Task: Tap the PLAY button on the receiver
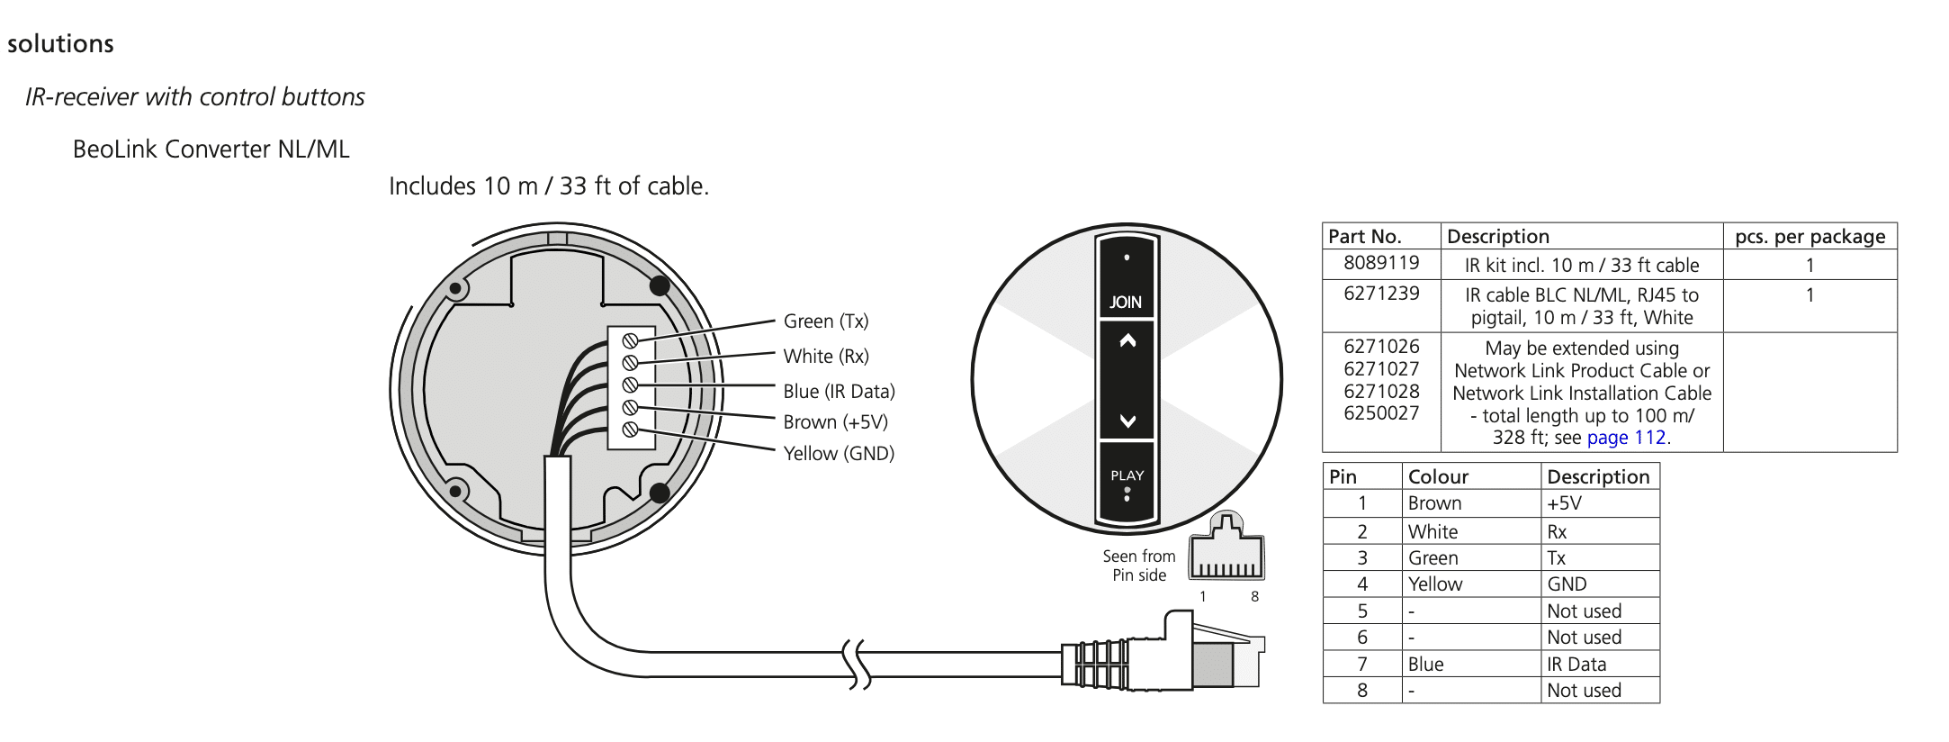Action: [1127, 481]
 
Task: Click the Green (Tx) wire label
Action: [825, 321]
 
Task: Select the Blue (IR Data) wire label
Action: [839, 392]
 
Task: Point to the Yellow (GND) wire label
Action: [839, 454]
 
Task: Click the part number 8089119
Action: [1381, 263]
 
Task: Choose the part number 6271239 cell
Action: [1381, 294]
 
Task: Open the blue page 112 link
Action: [1627, 439]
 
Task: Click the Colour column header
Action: [1438, 476]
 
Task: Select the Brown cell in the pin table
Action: [1434, 503]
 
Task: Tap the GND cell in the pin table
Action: [1567, 584]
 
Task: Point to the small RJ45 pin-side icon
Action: [1226, 550]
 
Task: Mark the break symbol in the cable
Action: [857, 665]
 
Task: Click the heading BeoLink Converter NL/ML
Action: [211, 149]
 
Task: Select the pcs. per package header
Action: [1810, 237]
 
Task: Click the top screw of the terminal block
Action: [631, 340]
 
